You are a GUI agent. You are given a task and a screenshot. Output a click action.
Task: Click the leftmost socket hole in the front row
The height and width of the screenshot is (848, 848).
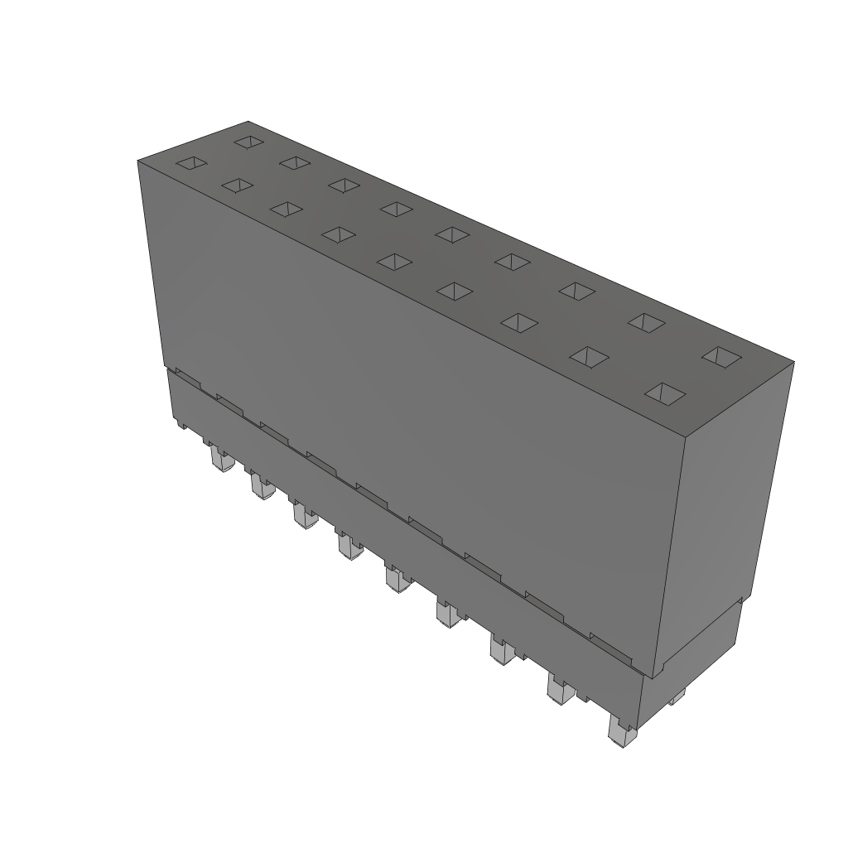click(x=191, y=163)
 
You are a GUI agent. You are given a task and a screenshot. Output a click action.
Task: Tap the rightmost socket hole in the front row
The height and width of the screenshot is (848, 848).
click(x=665, y=394)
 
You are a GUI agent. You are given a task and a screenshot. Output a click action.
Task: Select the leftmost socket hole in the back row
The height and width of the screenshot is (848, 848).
click(x=248, y=142)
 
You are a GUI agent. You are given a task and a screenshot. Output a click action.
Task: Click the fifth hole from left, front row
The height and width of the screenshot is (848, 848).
click(x=394, y=263)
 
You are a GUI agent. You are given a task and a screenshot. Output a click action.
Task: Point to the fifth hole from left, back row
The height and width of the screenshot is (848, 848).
click(x=452, y=234)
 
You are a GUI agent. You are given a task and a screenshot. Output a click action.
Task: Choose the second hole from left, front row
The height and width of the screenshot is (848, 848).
click(x=237, y=185)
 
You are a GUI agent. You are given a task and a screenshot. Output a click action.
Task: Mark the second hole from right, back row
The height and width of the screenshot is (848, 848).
click(x=646, y=321)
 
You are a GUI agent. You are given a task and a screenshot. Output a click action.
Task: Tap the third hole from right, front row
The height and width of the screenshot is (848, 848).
click(x=520, y=323)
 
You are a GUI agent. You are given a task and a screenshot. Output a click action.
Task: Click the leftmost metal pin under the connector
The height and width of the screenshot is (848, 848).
click(x=219, y=460)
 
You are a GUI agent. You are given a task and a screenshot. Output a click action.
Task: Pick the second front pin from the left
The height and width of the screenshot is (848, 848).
click(x=262, y=488)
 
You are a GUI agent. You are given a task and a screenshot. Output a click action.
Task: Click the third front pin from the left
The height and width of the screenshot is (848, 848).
click(x=304, y=518)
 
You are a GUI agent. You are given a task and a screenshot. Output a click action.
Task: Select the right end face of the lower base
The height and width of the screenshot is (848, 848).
click(x=696, y=654)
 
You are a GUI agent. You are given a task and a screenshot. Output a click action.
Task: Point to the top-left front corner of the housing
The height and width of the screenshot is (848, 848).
click(x=137, y=161)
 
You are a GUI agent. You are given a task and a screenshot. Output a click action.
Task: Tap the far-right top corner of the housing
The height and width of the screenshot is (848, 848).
click(x=793, y=362)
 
